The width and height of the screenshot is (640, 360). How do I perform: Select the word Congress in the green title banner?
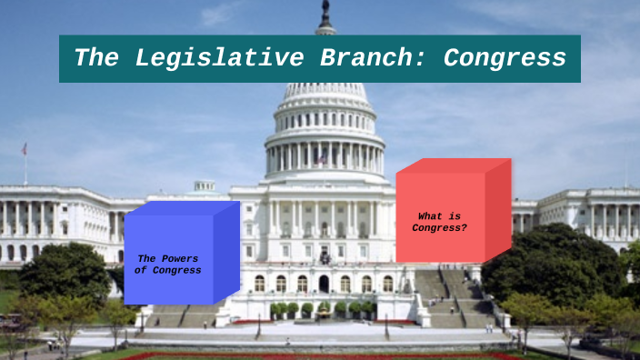[x=505, y=58]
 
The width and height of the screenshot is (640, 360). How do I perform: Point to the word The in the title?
[x=95, y=58]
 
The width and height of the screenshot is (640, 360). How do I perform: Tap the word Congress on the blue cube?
[x=176, y=270]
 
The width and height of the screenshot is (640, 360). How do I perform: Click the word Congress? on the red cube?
[x=439, y=228]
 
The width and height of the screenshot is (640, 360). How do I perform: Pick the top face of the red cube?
[x=453, y=165]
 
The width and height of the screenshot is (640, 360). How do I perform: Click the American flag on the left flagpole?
[x=25, y=149]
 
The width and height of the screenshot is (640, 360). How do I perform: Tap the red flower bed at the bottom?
[x=318, y=356]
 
